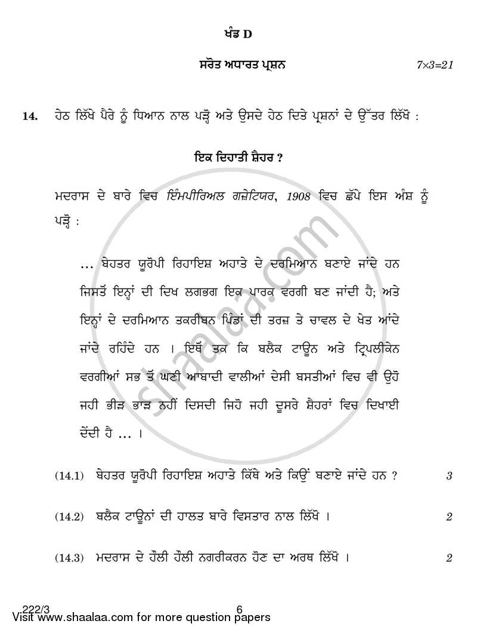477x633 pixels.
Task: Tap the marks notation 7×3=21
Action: (435, 65)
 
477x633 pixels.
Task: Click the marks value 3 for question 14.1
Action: (449, 476)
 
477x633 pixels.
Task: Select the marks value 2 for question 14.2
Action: (449, 517)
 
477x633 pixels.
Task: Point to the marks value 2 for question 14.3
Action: (449, 558)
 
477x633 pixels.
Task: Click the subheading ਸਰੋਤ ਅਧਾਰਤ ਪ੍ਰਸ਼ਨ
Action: (242, 65)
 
